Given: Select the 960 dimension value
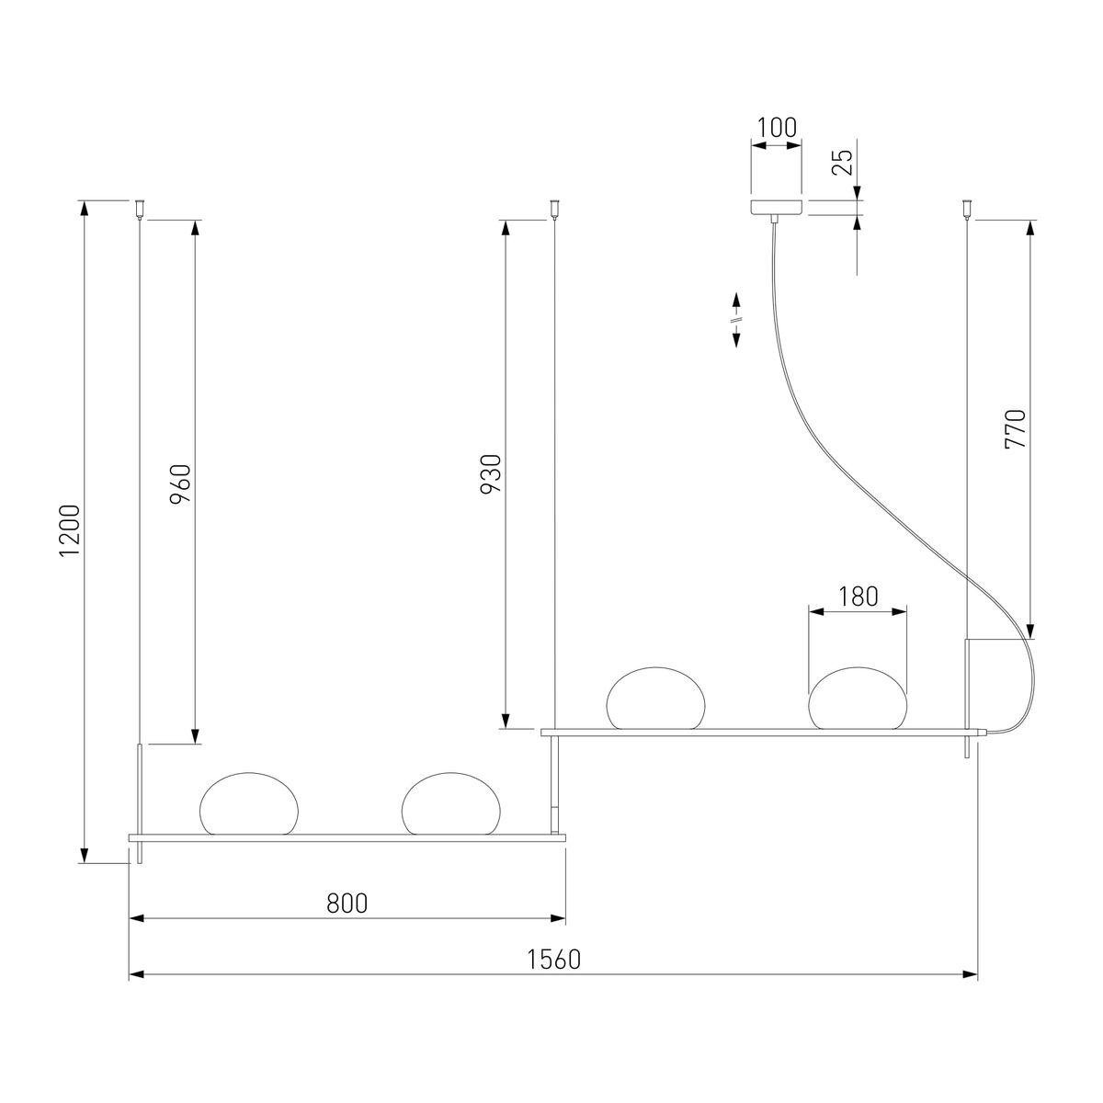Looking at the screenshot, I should pyautogui.click(x=180, y=482).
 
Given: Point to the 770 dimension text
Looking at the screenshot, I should pyautogui.click(x=1016, y=428).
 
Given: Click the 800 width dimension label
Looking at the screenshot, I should pyautogui.click(x=347, y=904).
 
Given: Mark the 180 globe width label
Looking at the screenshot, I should pyautogui.click(x=858, y=596).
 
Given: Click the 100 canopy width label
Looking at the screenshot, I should pyautogui.click(x=777, y=128).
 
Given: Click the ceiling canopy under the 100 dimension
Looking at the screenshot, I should pyautogui.click(x=777, y=207).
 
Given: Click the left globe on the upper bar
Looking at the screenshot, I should pyautogui.click(x=655, y=699).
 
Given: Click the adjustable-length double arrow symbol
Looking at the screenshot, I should pyautogui.click(x=736, y=320).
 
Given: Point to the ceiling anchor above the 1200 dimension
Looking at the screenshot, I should pyautogui.click(x=139, y=209).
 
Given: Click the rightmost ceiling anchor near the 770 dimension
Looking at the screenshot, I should pyautogui.click(x=967, y=209).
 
